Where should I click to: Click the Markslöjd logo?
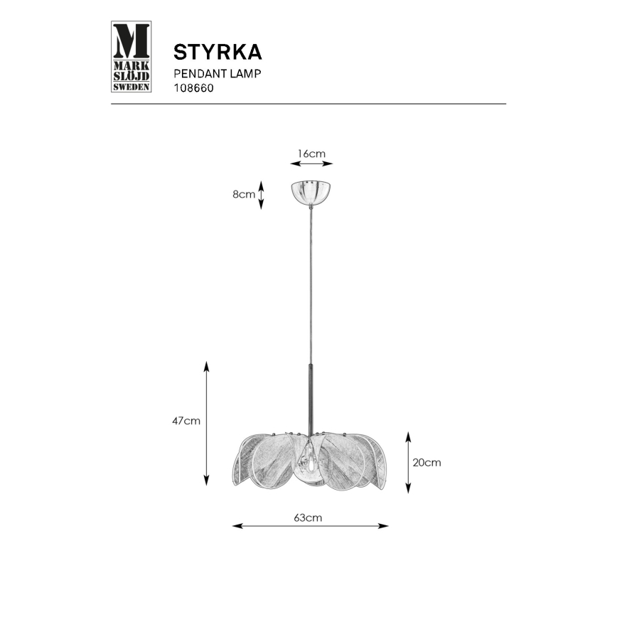click(132, 57)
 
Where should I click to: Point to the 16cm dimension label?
click(311, 153)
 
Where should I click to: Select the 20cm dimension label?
click(426, 462)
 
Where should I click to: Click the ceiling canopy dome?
click(311, 192)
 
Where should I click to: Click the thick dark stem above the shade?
click(310, 398)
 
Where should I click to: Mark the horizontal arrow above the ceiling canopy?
click(311, 164)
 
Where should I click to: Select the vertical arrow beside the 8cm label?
click(261, 195)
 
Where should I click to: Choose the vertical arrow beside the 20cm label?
click(408, 462)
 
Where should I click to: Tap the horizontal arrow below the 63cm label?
click(311, 527)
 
